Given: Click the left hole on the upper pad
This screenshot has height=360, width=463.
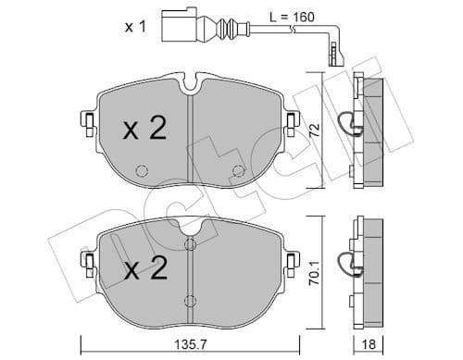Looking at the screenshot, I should click(x=142, y=171).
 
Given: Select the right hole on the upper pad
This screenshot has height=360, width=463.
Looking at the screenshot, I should click(x=238, y=170).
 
